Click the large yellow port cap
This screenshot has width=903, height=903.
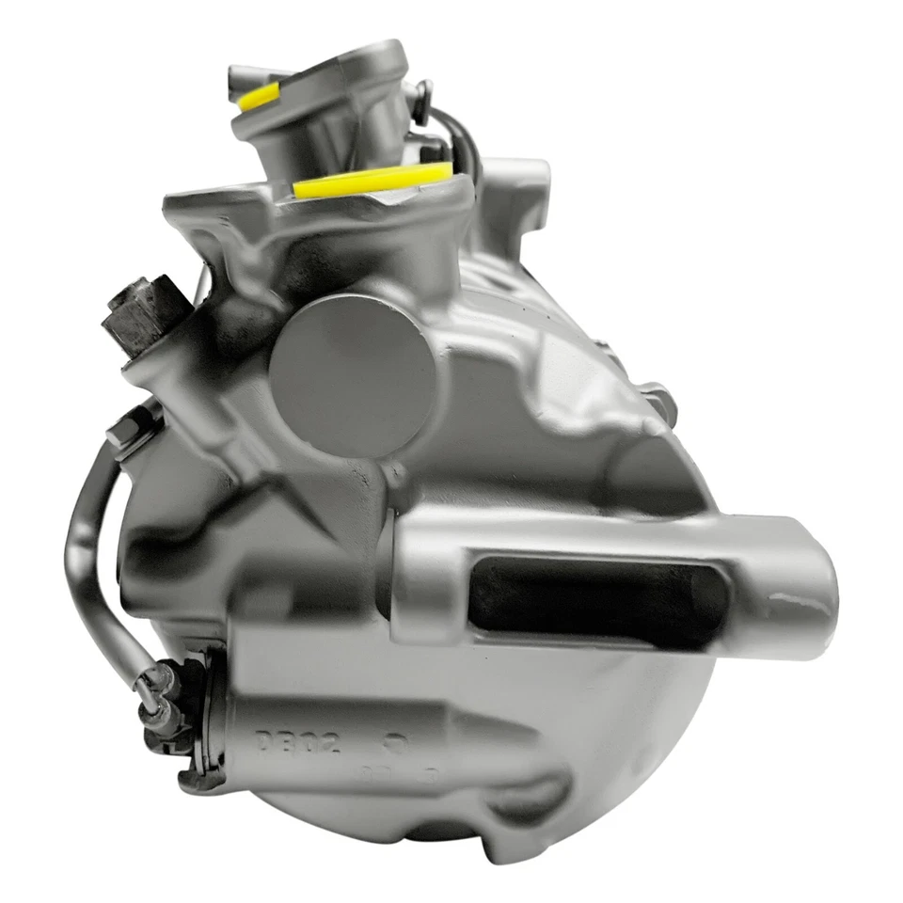372,181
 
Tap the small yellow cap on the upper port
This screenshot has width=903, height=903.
260,97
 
